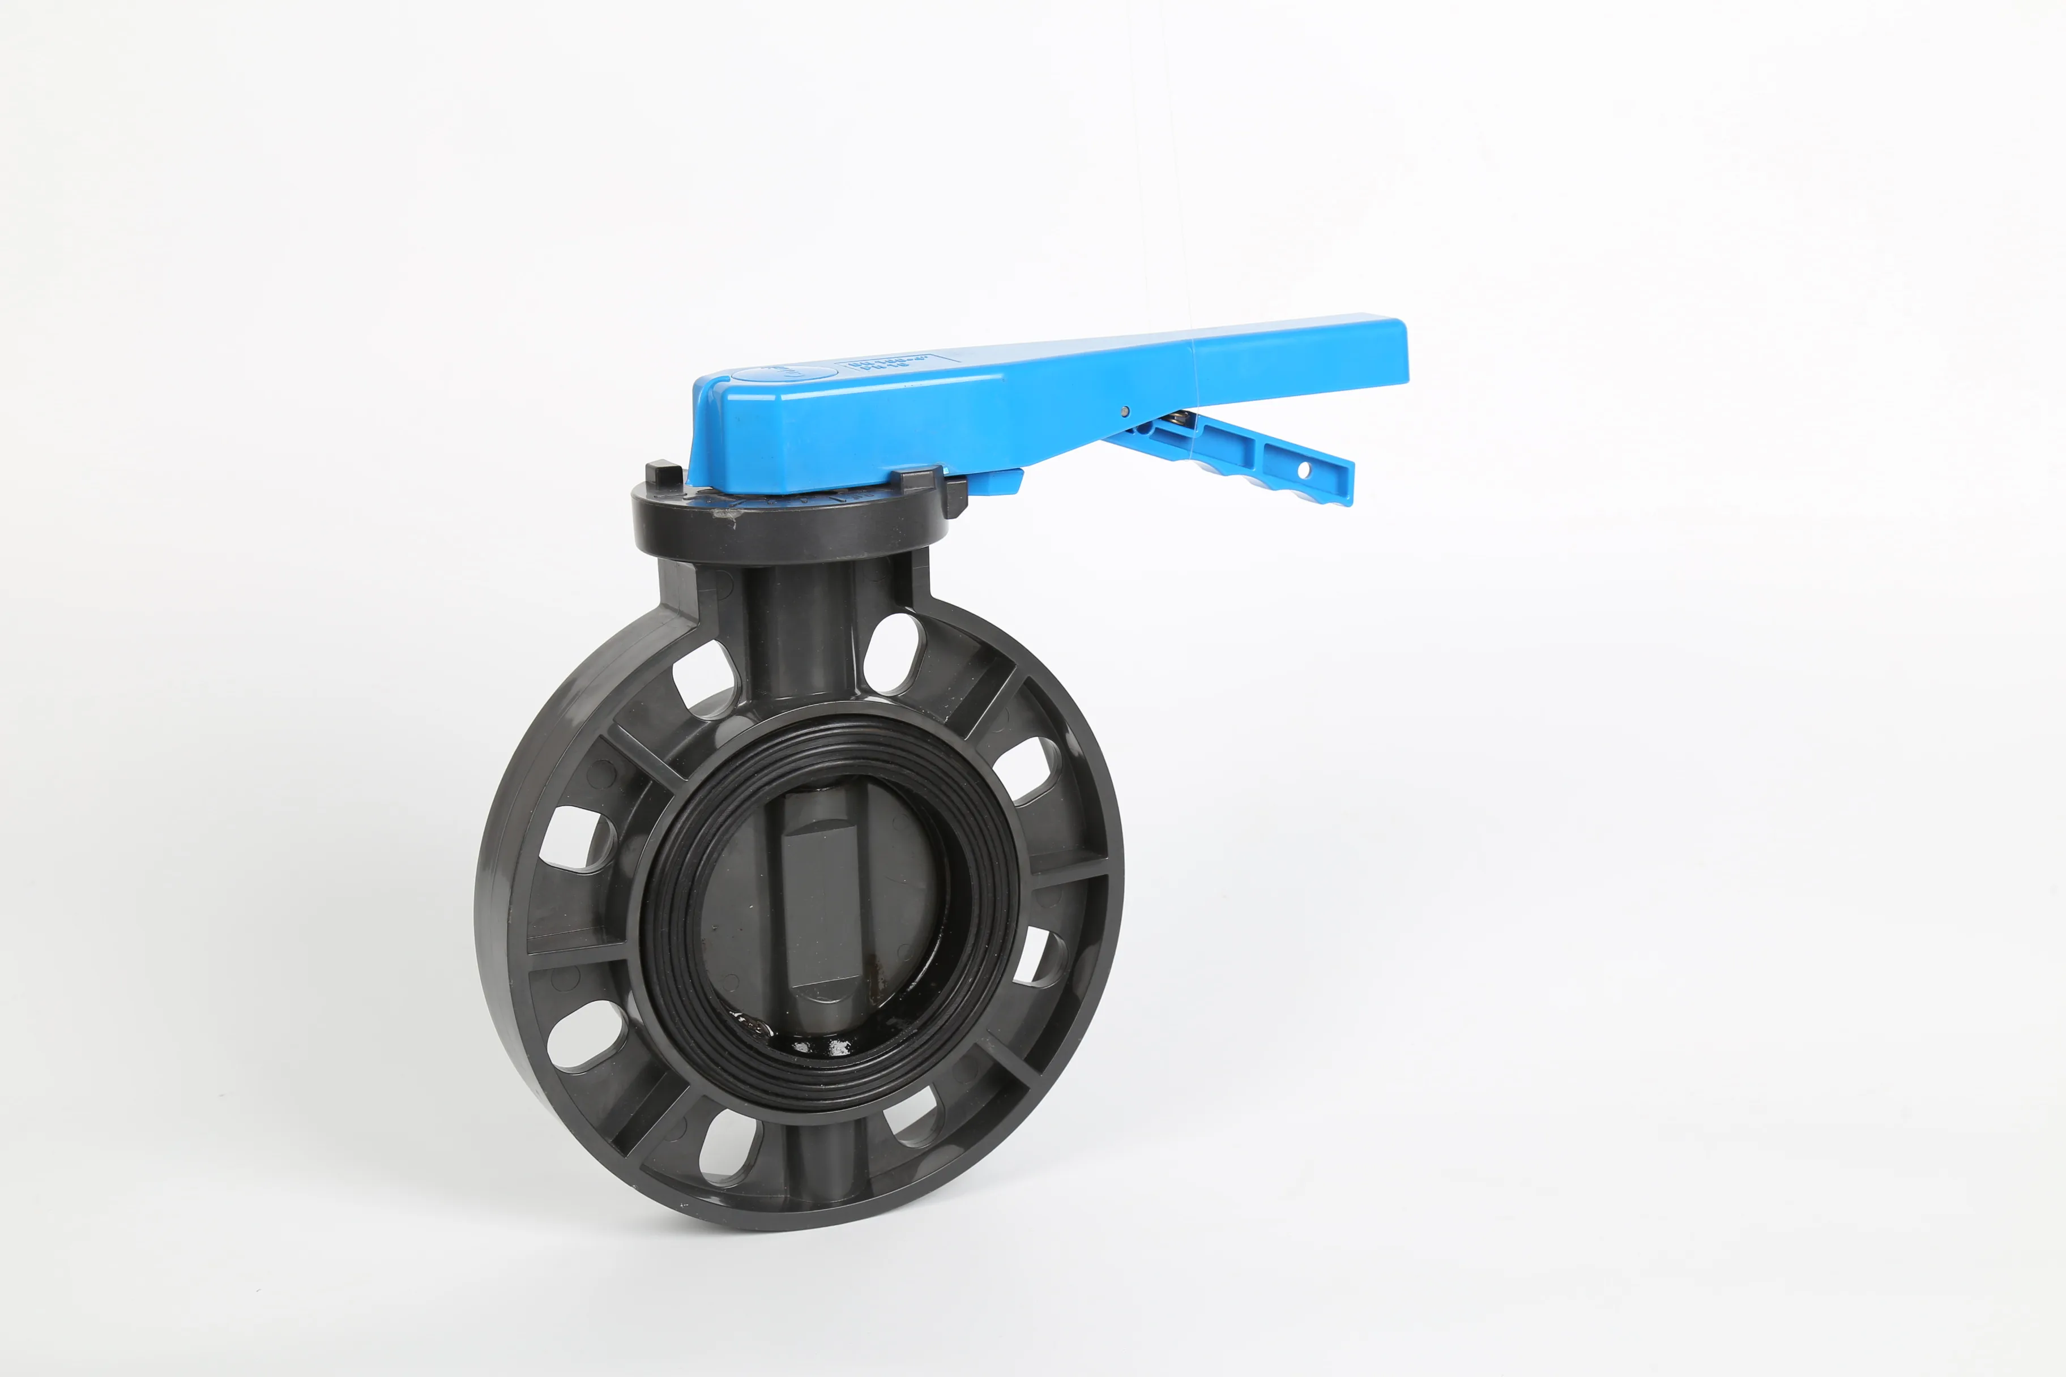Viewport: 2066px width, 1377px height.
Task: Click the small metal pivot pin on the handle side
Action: pos(1125,410)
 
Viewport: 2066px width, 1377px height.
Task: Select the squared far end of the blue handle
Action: pos(1392,351)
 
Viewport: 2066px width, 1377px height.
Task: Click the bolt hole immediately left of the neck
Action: pos(705,678)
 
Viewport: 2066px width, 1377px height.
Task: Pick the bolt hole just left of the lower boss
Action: pos(729,1146)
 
